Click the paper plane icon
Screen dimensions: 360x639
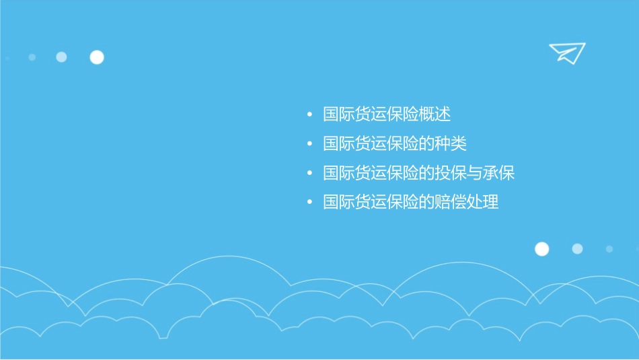(x=567, y=52)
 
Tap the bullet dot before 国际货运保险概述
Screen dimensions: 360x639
(x=309, y=115)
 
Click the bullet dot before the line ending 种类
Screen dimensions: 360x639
(x=309, y=144)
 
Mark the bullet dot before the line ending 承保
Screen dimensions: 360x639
(x=309, y=174)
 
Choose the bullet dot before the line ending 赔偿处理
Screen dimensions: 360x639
(x=309, y=203)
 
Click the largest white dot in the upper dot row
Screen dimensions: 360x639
(x=97, y=57)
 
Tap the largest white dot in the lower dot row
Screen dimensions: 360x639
(x=541, y=249)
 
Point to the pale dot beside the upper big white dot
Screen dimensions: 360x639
(x=61, y=57)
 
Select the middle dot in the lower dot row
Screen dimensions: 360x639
(x=577, y=249)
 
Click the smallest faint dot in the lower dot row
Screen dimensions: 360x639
(x=609, y=249)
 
